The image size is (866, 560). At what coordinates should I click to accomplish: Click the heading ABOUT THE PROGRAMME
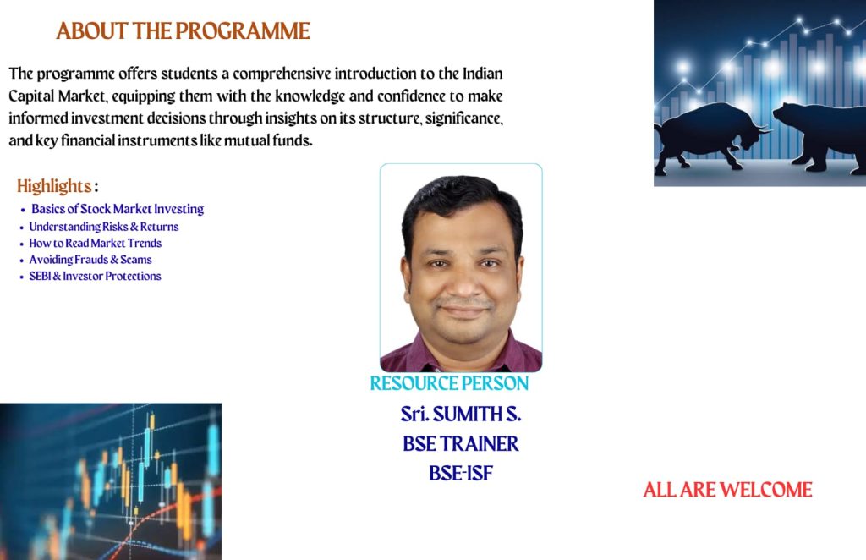(x=183, y=31)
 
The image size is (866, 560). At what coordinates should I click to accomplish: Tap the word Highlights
(x=54, y=186)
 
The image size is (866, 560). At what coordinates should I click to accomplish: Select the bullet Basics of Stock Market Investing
(x=118, y=209)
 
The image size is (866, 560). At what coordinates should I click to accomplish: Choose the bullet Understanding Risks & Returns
(x=104, y=227)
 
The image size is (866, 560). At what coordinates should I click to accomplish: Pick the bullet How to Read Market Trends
(x=95, y=243)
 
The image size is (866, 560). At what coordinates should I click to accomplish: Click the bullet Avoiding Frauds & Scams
(x=90, y=260)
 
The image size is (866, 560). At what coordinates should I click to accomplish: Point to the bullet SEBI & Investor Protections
(x=95, y=276)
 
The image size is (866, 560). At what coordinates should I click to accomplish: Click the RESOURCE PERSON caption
(x=449, y=383)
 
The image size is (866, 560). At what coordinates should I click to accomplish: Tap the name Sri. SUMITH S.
(x=461, y=414)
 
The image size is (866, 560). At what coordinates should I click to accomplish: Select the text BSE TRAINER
(x=461, y=443)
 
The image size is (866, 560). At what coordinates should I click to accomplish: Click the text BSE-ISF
(x=461, y=474)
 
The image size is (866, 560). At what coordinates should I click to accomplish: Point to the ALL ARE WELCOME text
(x=727, y=490)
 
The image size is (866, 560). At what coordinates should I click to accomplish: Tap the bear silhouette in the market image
(x=821, y=133)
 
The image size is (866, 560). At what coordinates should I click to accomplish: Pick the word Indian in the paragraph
(x=483, y=74)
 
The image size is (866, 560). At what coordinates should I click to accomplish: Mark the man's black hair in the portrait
(x=461, y=198)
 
